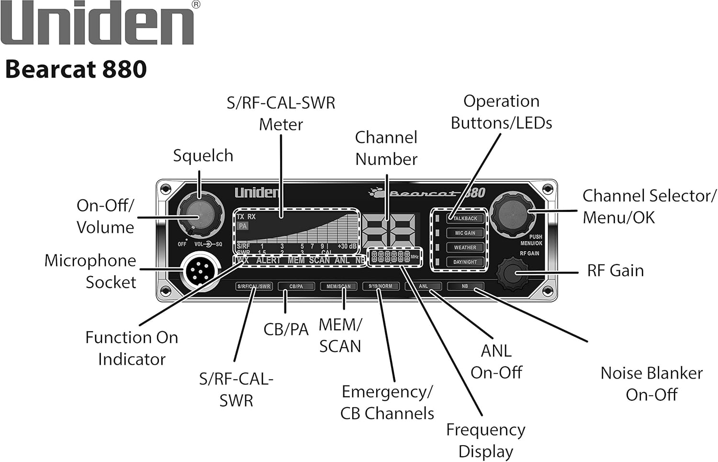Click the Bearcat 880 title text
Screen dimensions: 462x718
pos(76,69)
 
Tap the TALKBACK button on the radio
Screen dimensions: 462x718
pos(465,218)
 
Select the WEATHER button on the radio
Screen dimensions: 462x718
pos(465,247)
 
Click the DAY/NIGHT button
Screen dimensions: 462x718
pos(465,262)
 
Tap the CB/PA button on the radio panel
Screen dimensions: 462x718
pos(296,286)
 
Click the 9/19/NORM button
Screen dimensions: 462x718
pos(380,286)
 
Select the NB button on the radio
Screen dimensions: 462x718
pos(464,286)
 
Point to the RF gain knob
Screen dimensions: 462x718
pos(512,272)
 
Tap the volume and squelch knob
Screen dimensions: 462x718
pos(200,214)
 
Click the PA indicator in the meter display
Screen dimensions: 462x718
pos(243,226)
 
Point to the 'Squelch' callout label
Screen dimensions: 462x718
pos(203,156)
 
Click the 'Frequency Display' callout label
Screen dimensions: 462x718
pos(485,440)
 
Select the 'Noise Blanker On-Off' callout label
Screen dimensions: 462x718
pos(651,383)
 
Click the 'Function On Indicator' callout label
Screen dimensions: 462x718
pos(132,348)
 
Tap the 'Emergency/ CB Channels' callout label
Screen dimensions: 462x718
pos(387,402)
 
